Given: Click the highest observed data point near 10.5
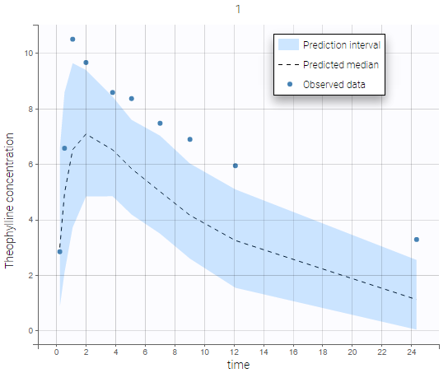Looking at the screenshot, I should pyautogui.click(x=72, y=40).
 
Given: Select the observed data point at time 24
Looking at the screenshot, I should pyautogui.click(x=417, y=240).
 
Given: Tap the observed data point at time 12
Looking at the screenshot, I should pyautogui.click(x=236, y=166).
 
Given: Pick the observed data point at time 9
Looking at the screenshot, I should pyautogui.click(x=190, y=139).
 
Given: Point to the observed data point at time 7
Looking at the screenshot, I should pyautogui.click(x=160, y=124).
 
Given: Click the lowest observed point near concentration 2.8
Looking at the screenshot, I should pyautogui.click(x=59, y=252).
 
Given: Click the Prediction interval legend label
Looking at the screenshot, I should pyautogui.click(x=340, y=44).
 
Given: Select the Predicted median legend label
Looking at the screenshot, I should pyautogui.click(x=340, y=64).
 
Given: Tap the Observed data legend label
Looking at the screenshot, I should pyautogui.click(x=334, y=84).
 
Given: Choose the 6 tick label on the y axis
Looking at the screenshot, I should pyautogui.click(x=30, y=165).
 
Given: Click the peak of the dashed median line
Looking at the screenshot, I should pyautogui.click(x=86, y=134).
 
